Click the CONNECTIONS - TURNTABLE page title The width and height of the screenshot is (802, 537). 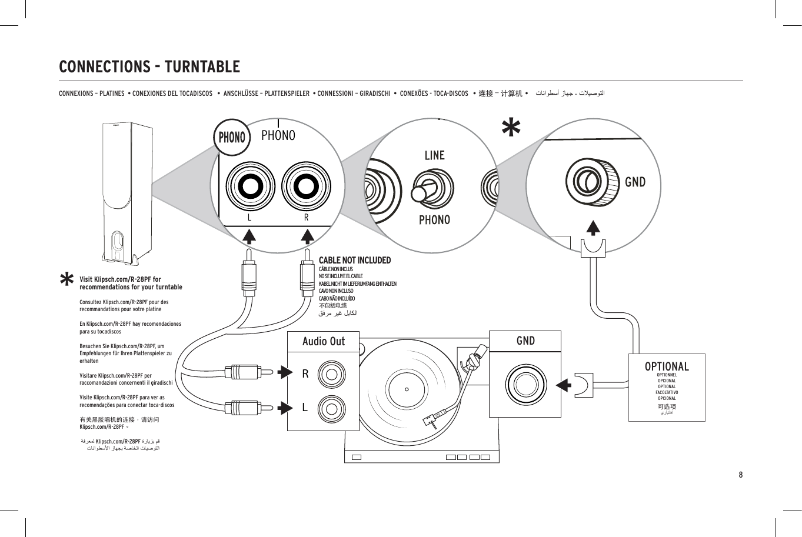149,66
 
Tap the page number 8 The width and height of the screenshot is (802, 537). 740,475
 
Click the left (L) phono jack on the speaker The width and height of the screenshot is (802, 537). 249,187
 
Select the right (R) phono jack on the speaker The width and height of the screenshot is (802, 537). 305,187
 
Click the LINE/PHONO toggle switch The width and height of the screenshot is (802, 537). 428,189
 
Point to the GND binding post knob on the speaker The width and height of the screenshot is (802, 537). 593,182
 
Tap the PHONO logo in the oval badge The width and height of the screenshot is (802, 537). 232,137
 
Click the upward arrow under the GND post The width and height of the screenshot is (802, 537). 593,228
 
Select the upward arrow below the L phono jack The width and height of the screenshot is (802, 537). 249,236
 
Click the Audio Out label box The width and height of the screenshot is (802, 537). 323,342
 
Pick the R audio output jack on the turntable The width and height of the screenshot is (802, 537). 331,374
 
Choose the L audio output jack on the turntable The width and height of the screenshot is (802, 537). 331,406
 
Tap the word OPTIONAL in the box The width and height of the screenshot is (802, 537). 667,366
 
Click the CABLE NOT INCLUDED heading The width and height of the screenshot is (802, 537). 354,260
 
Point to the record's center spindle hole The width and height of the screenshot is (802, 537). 407,389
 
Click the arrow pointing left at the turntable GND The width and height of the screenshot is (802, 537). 564,385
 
